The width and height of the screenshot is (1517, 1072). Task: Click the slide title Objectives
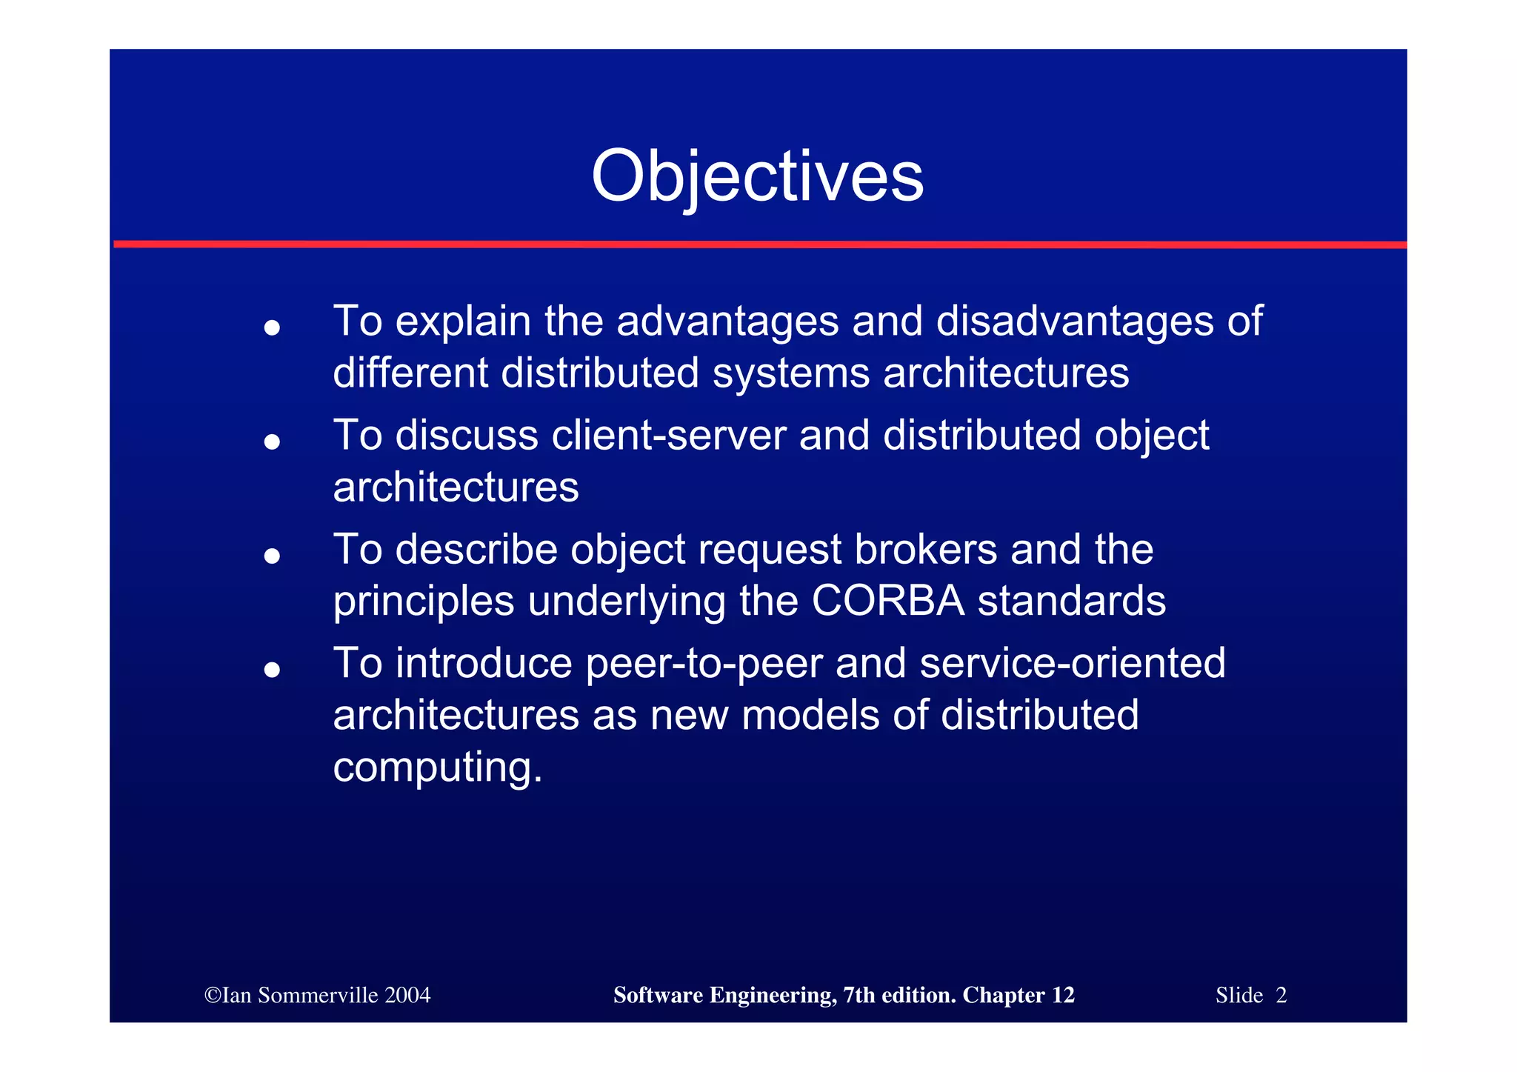click(x=757, y=176)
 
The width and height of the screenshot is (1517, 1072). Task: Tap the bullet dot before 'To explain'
click(x=272, y=327)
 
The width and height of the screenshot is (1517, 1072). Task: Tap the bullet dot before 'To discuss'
click(x=272, y=442)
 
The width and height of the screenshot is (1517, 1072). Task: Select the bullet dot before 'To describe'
click(x=272, y=556)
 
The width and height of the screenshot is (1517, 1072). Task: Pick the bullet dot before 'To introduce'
click(x=272, y=670)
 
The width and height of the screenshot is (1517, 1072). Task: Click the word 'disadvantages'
click(x=1075, y=322)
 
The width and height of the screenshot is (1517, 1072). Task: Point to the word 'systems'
click(x=790, y=373)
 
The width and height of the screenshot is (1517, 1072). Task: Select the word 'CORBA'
click(x=888, y=601)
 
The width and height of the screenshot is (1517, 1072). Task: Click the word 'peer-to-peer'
click(x=704, y=664)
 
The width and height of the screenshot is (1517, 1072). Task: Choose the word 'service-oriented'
click(x=1072, y=663)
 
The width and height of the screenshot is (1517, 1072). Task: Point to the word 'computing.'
click(x=438, y=768)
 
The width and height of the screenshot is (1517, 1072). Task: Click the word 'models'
click(x=810, y=716)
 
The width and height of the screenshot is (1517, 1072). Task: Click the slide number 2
click(x=1281, y=995)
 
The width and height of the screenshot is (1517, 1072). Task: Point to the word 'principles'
click(x=423, y=602)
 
